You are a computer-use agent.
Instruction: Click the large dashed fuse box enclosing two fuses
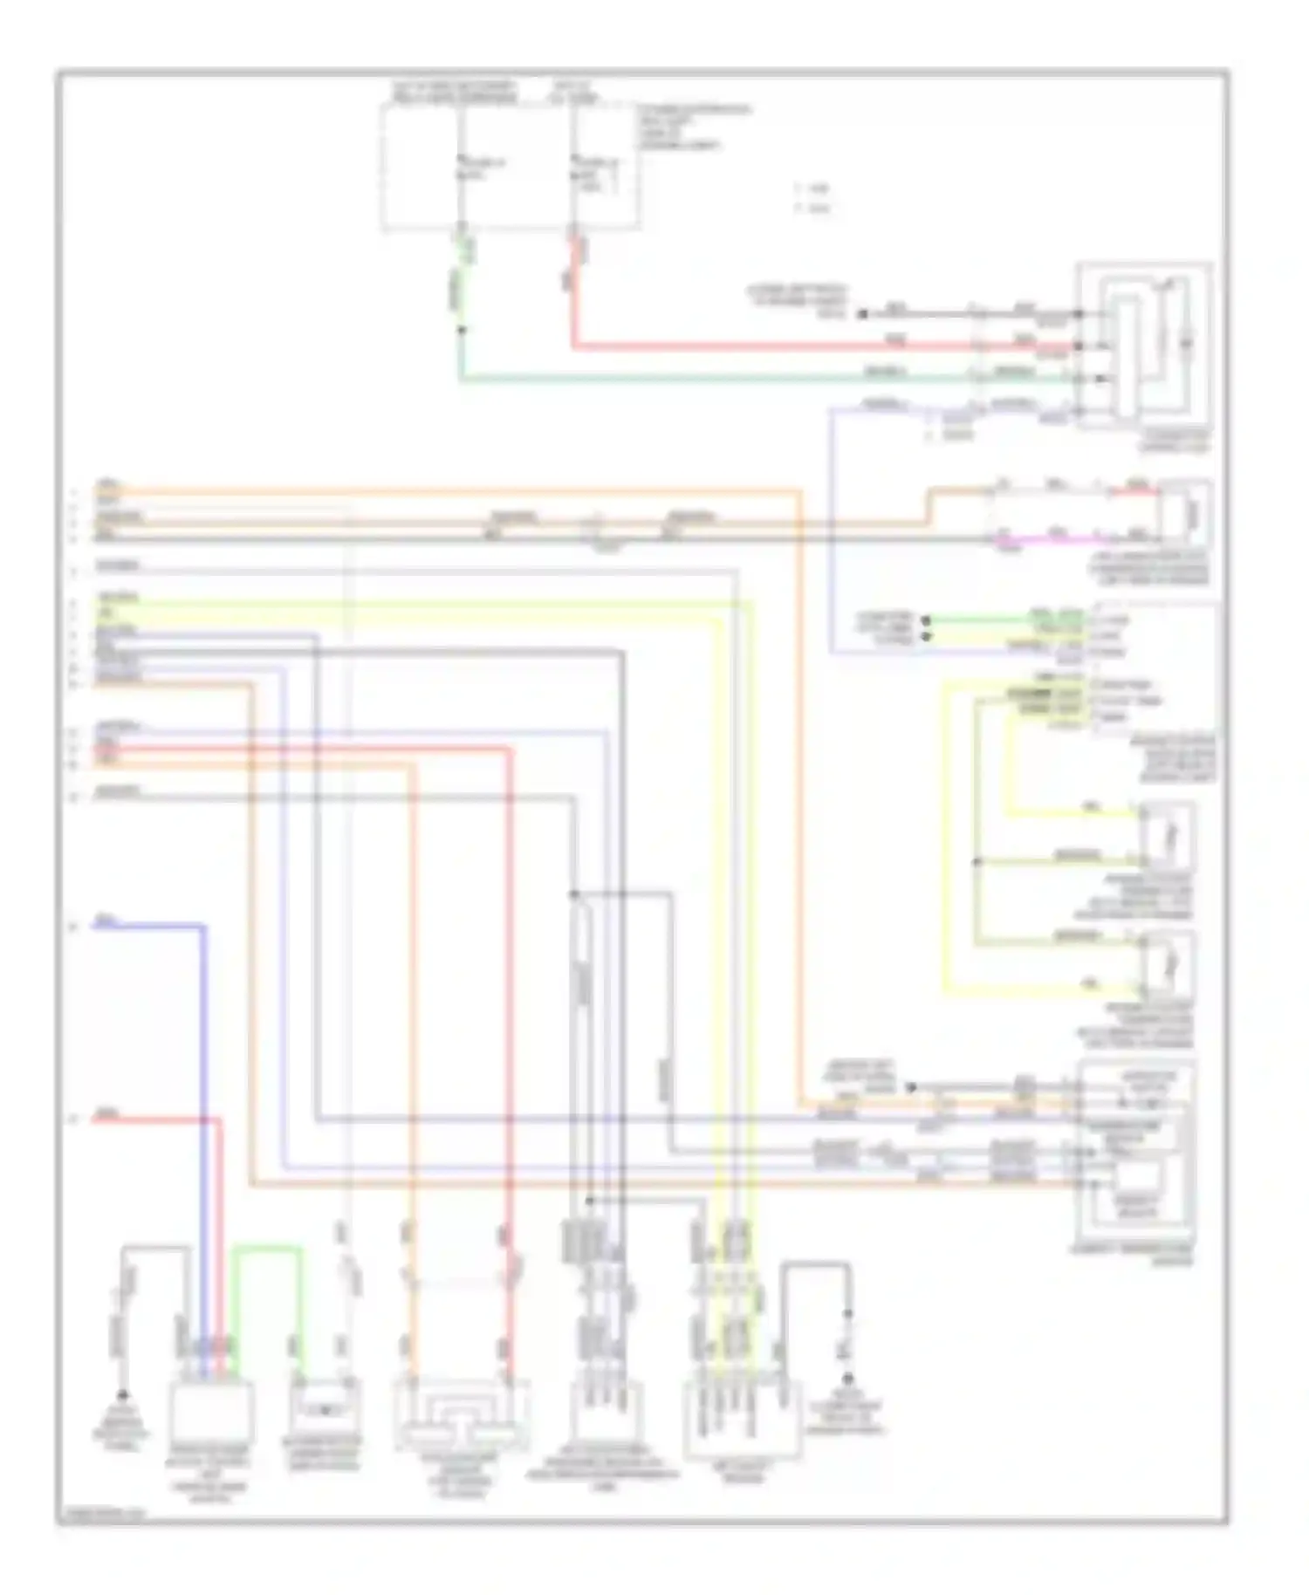coord(509,166)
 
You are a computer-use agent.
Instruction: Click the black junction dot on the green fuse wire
coord(462,330)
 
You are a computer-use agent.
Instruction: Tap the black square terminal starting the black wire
coord(862,313)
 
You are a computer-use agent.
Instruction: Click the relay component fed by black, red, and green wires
coord(1144,344)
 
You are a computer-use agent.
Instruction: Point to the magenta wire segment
coord(1056,540)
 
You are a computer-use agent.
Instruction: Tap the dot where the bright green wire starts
coord(927,620)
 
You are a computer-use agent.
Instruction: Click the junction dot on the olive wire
coord(977,861)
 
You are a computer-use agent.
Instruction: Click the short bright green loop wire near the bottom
coord(267,1251)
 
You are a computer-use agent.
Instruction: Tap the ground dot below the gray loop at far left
coord(123,1395)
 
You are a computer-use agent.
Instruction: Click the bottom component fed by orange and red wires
coord(462,1414)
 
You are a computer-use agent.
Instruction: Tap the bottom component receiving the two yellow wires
coord(742,1418)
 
